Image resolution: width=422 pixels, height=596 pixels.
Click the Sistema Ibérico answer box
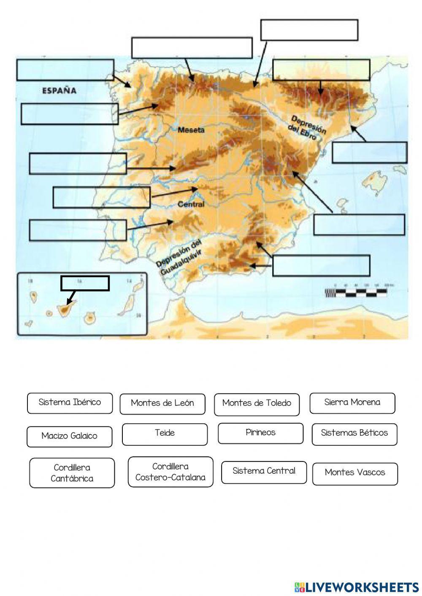[x=70, y=403]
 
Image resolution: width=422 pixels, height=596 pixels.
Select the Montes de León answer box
[x=162, y=404]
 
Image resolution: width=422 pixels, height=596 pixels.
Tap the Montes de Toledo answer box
[x=257, y=404]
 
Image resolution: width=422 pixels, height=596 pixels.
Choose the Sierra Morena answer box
[x=352, y=403]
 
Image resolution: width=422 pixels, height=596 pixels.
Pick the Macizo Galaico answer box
[x=70, y=437]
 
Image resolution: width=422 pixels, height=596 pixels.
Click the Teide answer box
[x=165, y=434]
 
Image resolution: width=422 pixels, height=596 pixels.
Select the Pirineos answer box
[x=261, y=433]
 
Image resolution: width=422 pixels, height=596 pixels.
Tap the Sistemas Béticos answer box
[x=354, y=434]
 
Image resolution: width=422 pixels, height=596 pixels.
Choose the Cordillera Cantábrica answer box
[x=72, y=473]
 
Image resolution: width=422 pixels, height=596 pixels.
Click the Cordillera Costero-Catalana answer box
[x=170, y=472]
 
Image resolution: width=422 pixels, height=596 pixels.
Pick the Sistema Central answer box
[x=264, y=472]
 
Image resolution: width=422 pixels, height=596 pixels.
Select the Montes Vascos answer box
[x=355, y=473]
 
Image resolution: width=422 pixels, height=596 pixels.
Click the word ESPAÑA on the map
[x=59, y=90]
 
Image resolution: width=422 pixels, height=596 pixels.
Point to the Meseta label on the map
[x=191, y=130]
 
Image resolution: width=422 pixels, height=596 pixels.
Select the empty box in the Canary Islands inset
[x=85, y=283]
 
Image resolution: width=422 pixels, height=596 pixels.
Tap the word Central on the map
[x=191, y=204]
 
